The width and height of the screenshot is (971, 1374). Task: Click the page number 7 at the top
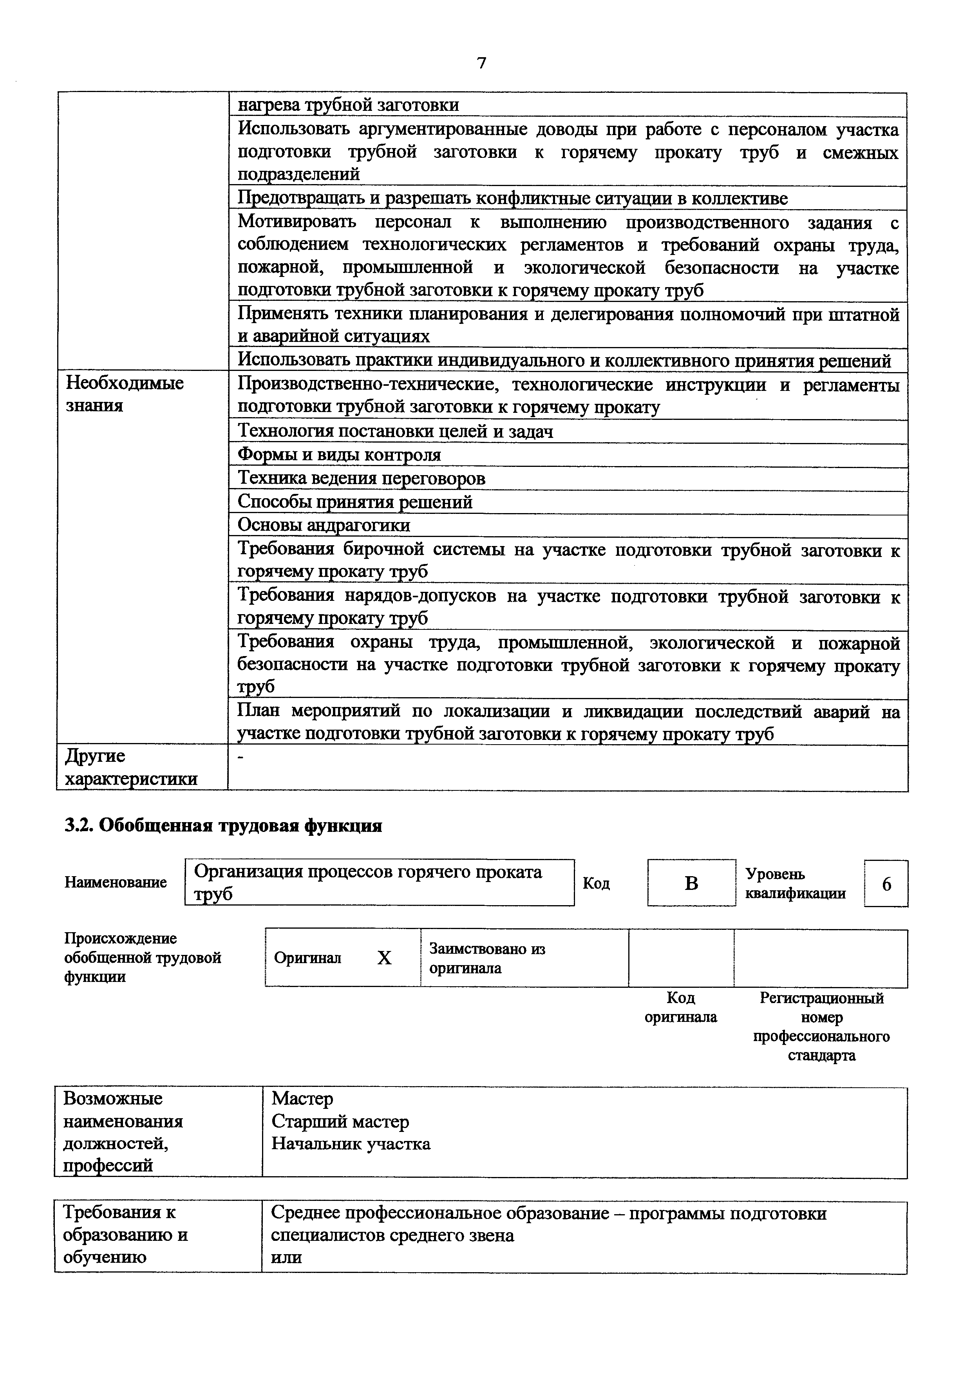482,63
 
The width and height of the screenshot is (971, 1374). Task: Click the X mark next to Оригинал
384,958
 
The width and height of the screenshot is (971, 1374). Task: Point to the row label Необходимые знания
125,394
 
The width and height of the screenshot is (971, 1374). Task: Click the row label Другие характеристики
130,767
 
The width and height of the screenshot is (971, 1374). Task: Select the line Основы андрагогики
324,525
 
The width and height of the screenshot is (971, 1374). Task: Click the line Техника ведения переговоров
362,478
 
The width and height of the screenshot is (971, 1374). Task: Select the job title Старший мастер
340,1121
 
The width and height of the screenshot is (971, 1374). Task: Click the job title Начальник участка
351,1144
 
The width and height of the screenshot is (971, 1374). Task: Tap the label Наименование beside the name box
116,882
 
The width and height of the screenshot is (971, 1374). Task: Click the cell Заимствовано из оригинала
487,958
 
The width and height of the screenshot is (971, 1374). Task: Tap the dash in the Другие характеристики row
240,758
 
